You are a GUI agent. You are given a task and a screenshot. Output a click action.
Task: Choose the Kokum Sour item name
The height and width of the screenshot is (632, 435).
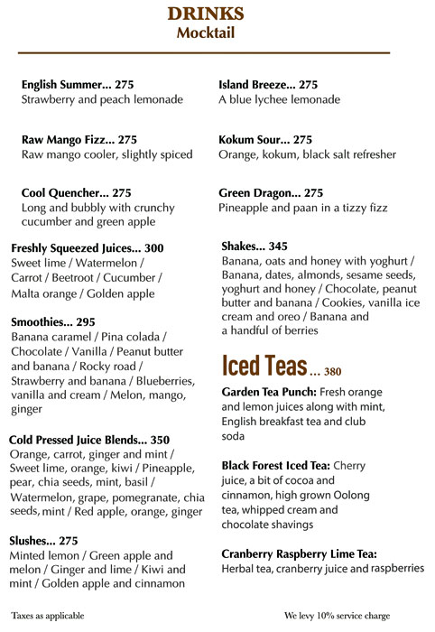point(252,140)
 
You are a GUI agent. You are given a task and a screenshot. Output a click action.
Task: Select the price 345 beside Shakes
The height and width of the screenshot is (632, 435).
point(278,246)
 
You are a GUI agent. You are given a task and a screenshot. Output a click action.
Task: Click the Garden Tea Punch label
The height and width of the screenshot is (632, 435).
point(266,393)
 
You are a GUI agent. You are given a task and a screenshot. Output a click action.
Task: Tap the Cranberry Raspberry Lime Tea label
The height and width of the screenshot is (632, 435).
point(299,553)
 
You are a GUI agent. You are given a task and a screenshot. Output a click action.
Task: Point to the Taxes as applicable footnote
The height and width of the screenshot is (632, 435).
point(48,616)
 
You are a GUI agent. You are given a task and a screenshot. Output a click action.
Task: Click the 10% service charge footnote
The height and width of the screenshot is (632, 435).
point(337,616)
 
